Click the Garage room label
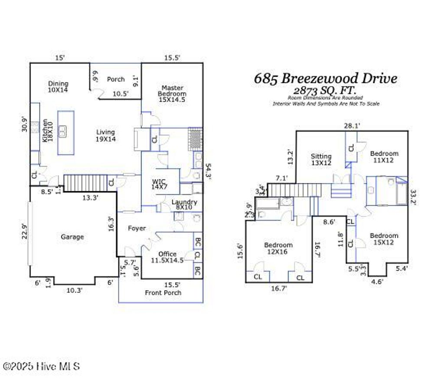pos(72,237)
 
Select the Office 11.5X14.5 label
pos(167,257)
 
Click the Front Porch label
pos(163,293)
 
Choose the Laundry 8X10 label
pos(184,205)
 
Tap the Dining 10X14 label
pos(58,86)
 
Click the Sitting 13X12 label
pos(321,159)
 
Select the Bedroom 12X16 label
pos(278,248)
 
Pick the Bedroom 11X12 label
pos(384,157)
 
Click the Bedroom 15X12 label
pos(384,239)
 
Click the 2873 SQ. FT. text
pos(325,91)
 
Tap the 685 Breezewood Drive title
pos(325,79)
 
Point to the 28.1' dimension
pos(352,126)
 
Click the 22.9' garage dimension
pos(25,231)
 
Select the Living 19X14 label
pos(105,135)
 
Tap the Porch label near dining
pos(116,79)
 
